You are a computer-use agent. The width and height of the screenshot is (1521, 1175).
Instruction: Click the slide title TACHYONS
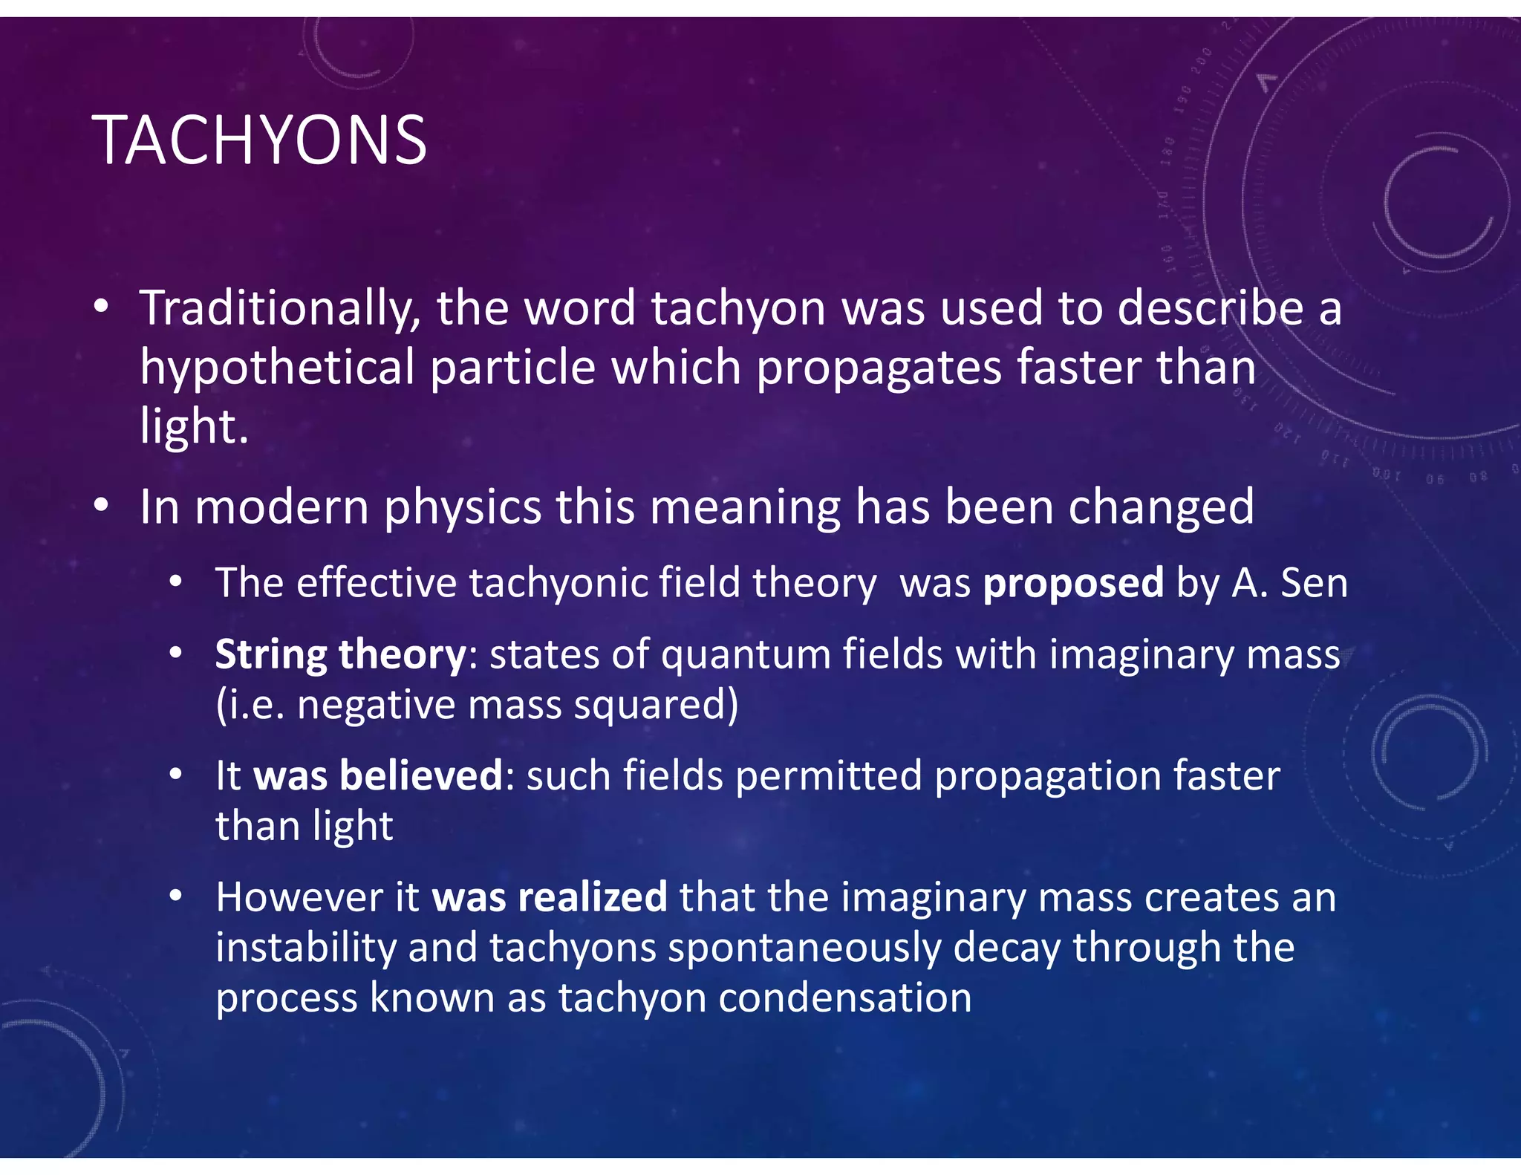pos(259,140)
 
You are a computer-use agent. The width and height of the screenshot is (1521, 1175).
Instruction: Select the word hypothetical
pos(278,368)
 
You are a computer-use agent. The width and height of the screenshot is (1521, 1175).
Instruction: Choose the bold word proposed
pos(1073,583)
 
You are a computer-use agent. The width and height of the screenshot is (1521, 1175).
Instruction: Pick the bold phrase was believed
pos(379,776)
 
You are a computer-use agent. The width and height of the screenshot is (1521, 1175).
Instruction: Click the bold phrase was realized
pos(550,897)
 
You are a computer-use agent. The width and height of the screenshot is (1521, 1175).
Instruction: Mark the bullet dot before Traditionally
pos(102,306)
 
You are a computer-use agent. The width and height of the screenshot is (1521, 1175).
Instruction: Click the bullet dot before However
pos(176,896)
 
